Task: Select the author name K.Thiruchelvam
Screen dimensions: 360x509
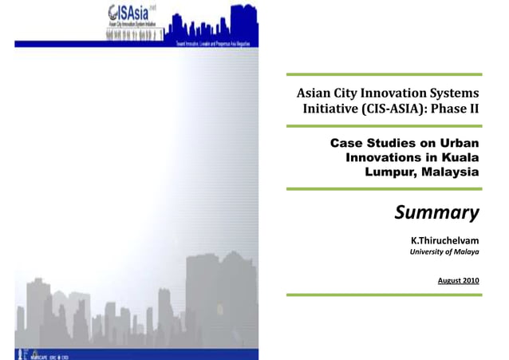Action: (444, 240)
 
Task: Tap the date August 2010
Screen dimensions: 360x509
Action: (459, 281)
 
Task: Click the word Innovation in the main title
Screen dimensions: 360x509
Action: (382, 94)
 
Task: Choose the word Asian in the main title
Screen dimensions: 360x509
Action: (314, 94)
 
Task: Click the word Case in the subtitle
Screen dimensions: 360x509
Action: (345, 143)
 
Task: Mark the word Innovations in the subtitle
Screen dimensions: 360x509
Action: (386, 157)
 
